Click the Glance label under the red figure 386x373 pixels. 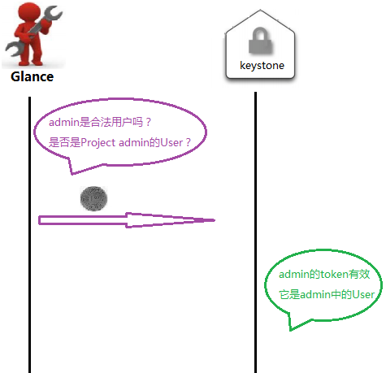[x=32, y=77]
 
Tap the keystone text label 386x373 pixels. [x=262, y=66]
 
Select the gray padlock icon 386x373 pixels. [x=260, y=40]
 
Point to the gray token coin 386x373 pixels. [x=93, y=198]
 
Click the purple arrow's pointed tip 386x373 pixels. [x=215, y=220]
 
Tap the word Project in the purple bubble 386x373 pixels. [x=98, y=143]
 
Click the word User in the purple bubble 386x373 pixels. [x=171, y=142]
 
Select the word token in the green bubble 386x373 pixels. [x=334, y=275]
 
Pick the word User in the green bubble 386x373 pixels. [x=363, y=294]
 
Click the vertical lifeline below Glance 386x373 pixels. [x=29, y=235]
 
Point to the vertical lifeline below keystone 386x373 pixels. [x=255, y=232]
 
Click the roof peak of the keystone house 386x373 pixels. [x=260, y=10]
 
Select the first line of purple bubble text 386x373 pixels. [x=100, y=123]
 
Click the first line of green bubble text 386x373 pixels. [x=324, y=275]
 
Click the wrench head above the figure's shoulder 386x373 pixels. [x=53, y=14]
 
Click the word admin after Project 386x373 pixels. [x=134, y=142]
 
